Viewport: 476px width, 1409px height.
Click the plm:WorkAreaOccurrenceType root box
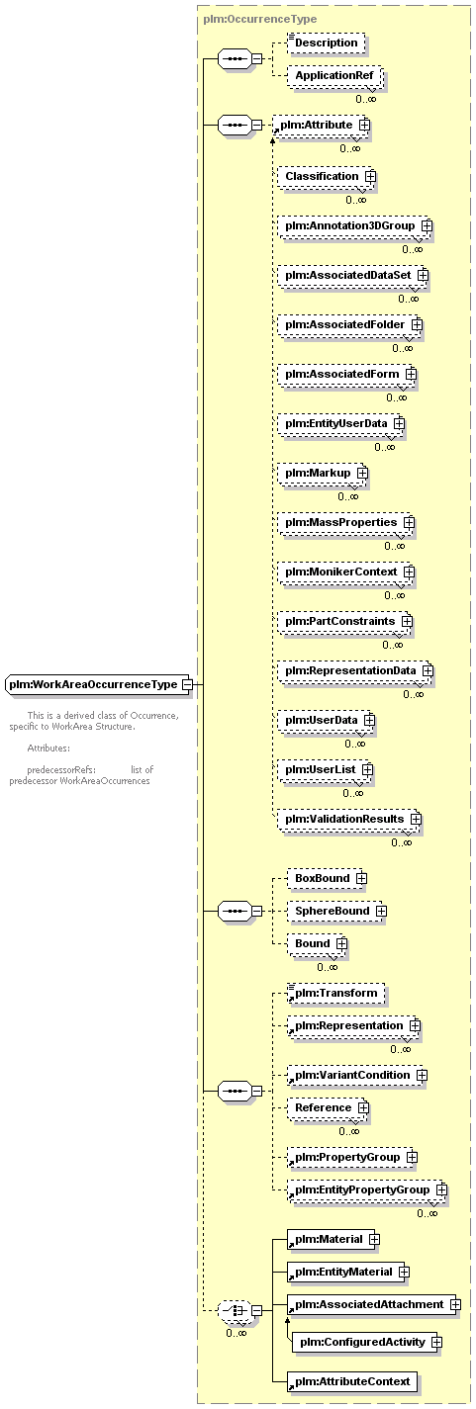[98, 684]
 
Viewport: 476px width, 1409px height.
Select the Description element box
[327, 43]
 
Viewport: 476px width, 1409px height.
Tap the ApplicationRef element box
[334, 75]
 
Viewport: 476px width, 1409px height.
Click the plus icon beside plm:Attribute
[364, 126]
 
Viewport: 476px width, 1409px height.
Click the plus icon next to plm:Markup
[362, 473]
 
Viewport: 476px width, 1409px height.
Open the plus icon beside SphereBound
[381, 911]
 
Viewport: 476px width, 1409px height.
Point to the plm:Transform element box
[336, 993]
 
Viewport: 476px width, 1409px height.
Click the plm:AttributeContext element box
[352, 1381]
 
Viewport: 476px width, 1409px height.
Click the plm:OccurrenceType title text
[260, 19]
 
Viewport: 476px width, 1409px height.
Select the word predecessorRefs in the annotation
[61, 770]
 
